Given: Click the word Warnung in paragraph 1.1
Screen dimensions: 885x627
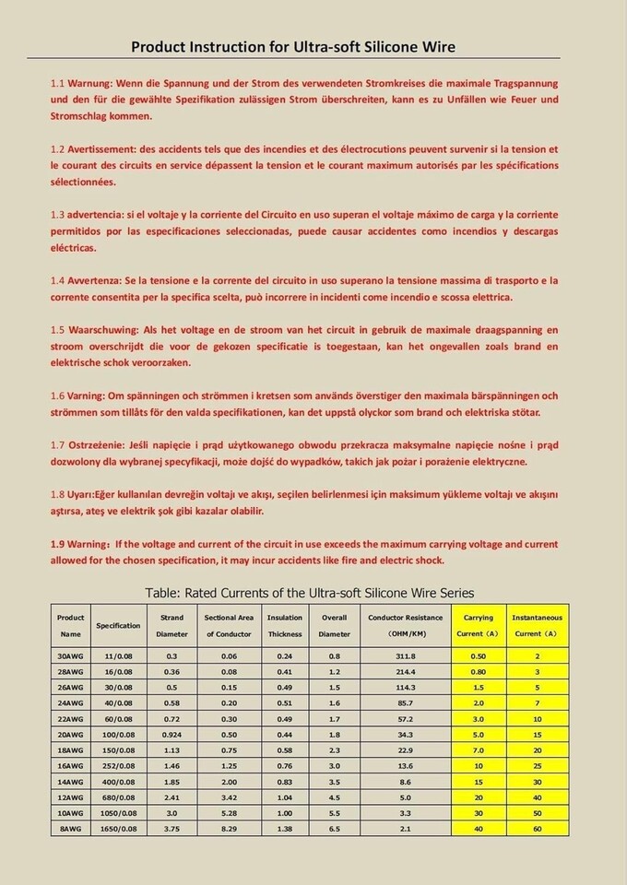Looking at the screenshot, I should click(x=93, y=83).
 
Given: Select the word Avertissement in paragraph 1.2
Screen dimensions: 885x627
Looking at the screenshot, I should click(x=103, y=148).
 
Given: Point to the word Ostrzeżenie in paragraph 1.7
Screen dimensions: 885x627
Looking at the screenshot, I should click(x=99, y=445).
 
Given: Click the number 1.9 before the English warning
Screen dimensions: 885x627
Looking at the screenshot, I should click(x=57, y=544).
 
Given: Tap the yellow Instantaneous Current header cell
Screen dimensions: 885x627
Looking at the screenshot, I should click(x=537, y=625).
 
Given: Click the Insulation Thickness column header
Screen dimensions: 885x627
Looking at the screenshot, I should click(x=284, y=625).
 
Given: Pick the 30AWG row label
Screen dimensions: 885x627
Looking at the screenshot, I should click(x=71, y=655).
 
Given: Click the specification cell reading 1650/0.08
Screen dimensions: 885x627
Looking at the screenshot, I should click(x=119, y=829).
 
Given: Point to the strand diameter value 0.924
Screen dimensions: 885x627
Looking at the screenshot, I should click(x=172, y=734).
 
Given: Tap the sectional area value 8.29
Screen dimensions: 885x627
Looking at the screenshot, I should click(x=229, y=829).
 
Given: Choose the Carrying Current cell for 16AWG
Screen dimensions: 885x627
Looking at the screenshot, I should click(x=479, y=765).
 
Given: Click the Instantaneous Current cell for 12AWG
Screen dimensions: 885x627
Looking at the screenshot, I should click(x=537, y=796).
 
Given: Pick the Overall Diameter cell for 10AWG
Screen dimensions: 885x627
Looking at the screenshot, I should click(x=334, y=812).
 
